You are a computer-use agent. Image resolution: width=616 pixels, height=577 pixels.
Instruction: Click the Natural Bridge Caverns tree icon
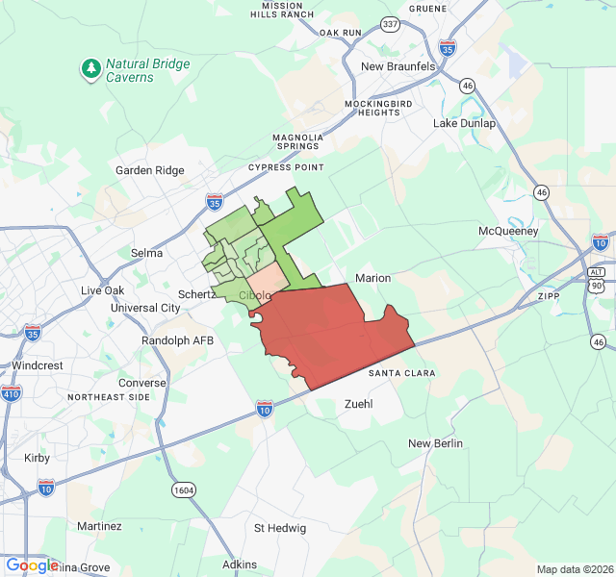[90, 68]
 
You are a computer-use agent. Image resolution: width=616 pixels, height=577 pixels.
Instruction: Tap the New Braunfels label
[398, 66]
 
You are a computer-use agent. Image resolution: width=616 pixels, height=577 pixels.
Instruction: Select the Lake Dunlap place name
[464, 123]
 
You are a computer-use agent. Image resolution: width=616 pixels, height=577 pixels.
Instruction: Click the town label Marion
[373, 278]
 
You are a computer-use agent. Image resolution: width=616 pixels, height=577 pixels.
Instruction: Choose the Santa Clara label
[400, 373]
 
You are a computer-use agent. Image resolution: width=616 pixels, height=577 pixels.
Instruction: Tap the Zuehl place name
[358, 404]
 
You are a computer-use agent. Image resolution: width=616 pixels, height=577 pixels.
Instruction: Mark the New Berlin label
[435, 443]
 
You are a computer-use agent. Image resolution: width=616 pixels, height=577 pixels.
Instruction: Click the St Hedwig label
[280, 528]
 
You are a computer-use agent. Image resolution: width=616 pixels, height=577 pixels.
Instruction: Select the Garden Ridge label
[149, 170]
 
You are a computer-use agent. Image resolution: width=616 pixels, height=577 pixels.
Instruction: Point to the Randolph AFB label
[177, 340]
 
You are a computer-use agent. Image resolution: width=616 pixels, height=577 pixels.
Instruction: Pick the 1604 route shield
[185, 490]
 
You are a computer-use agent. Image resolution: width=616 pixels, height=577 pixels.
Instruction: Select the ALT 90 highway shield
[596, 279]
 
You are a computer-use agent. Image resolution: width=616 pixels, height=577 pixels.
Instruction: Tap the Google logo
[31, 565]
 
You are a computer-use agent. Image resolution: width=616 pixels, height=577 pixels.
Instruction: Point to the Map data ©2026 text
[574, 569]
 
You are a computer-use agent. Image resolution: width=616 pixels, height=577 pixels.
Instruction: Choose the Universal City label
[145, 308]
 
